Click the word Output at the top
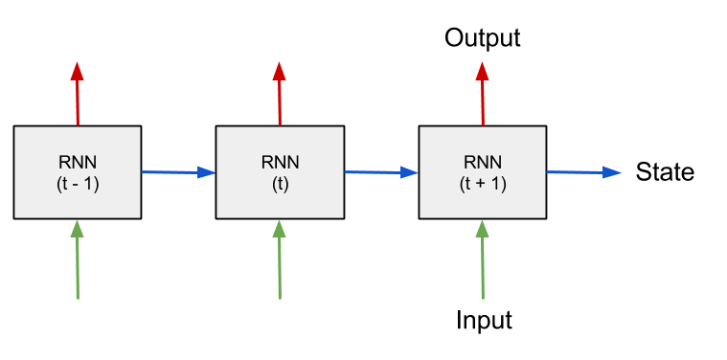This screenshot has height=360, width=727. pyautogui.click(x=482, y=37)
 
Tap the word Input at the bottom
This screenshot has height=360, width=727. pyautogui.click(x=484, y=320)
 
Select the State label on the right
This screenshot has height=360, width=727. pyautogui.click(x=665, y=172)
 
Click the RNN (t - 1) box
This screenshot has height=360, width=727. pyautogui.click(x=78, y=172)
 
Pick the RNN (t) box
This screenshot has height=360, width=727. pyautogui.click(x=280, y=172)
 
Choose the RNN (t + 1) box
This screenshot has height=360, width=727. pyautogui.click(x=483, y=172)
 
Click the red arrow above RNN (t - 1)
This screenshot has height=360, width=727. pyautogui.click(x=77, y=94)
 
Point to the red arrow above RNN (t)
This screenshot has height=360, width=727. pyautogui.click(x=280, y=94)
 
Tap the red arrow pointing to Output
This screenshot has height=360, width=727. pyautogui.click(x=482, y=94)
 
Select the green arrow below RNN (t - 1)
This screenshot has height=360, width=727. pyautogui.click(x=77, y=259)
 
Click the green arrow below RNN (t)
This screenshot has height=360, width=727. pyautogui.click(x=280, y=259)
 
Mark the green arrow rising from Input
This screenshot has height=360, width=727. pyautogui.click(x=482, y=259)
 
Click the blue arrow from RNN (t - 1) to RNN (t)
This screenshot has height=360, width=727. pyautogui.click(x=178, y=172)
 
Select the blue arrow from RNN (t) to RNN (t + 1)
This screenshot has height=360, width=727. pyautogui.click(x=381, y=172)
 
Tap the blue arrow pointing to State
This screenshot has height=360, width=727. pyautogui.click(x=584, y=172)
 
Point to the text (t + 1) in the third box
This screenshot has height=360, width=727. pyautogui.click(x=483, y=184)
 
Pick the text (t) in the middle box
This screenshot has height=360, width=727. pyautogui.click(x=280, y=184)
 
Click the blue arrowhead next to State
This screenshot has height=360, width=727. pyautogui.click(x=612, y=172)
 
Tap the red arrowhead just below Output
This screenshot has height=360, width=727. pyautogui.click(x=482, y=72)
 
